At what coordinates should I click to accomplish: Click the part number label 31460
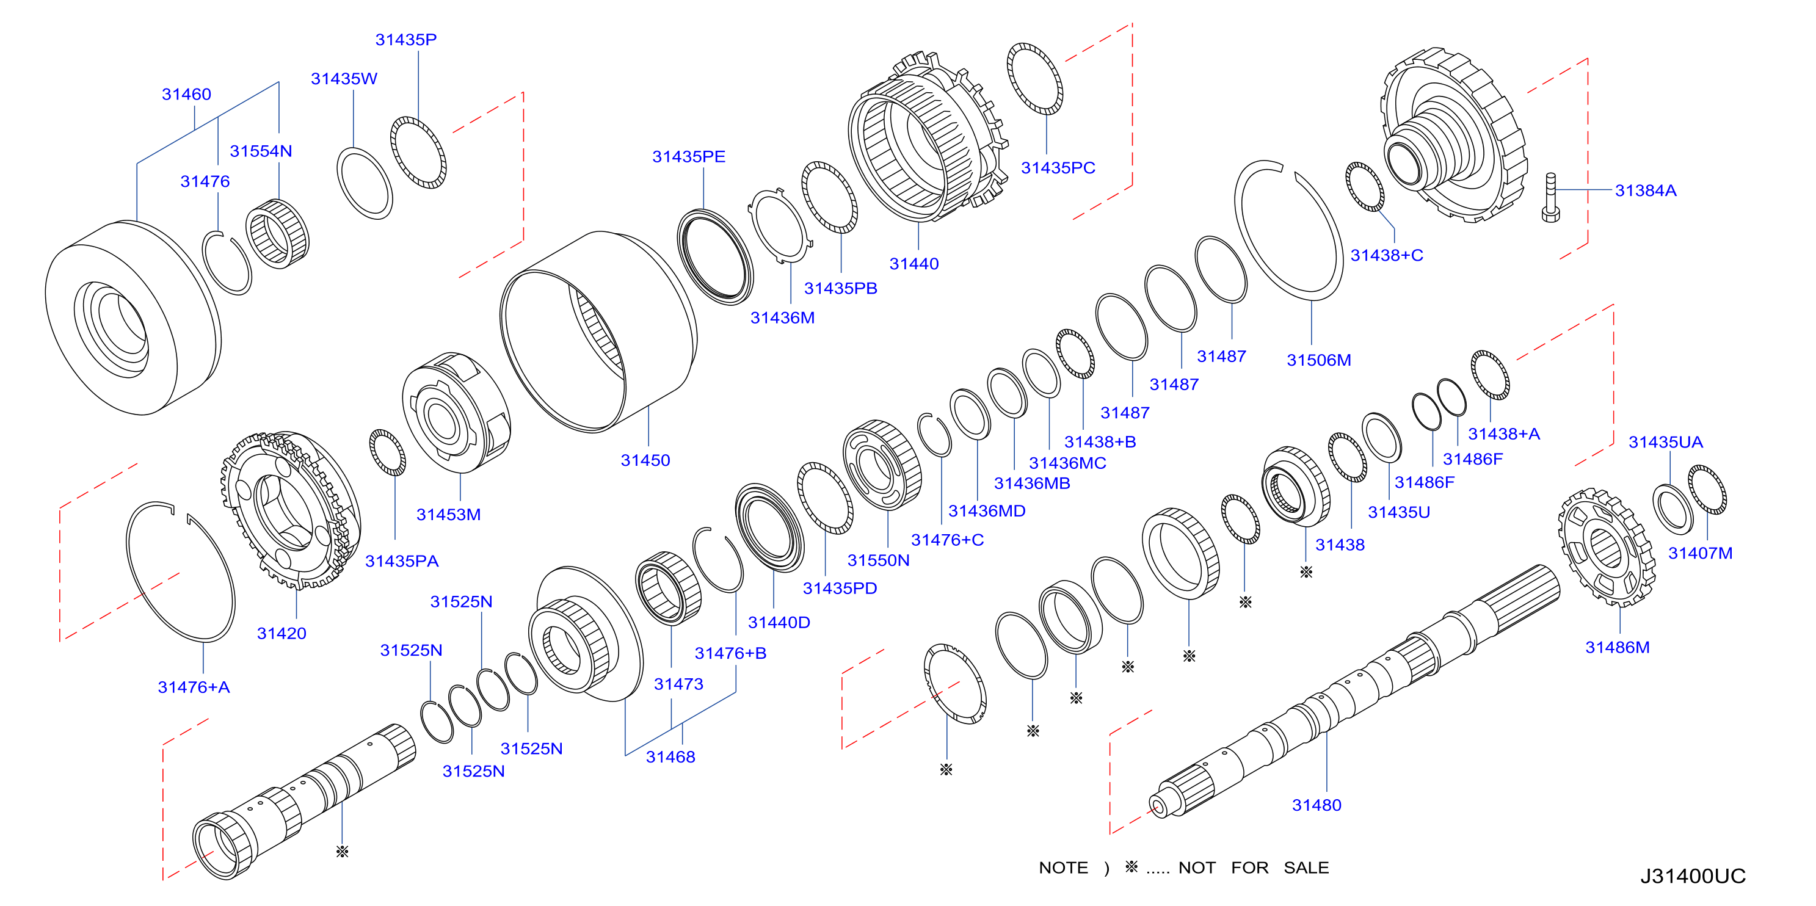(x=186, y=94)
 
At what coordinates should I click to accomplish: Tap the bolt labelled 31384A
(x=1550, y=197)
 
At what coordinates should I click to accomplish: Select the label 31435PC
(x=1058, y=168)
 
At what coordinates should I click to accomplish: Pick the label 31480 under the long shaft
(x=1316, y=805)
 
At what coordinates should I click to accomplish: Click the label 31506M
(x=1318, y=360)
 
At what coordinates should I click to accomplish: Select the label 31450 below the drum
(x=645, y=460)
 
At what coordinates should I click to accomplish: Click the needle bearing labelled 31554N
(x=277, y=233)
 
